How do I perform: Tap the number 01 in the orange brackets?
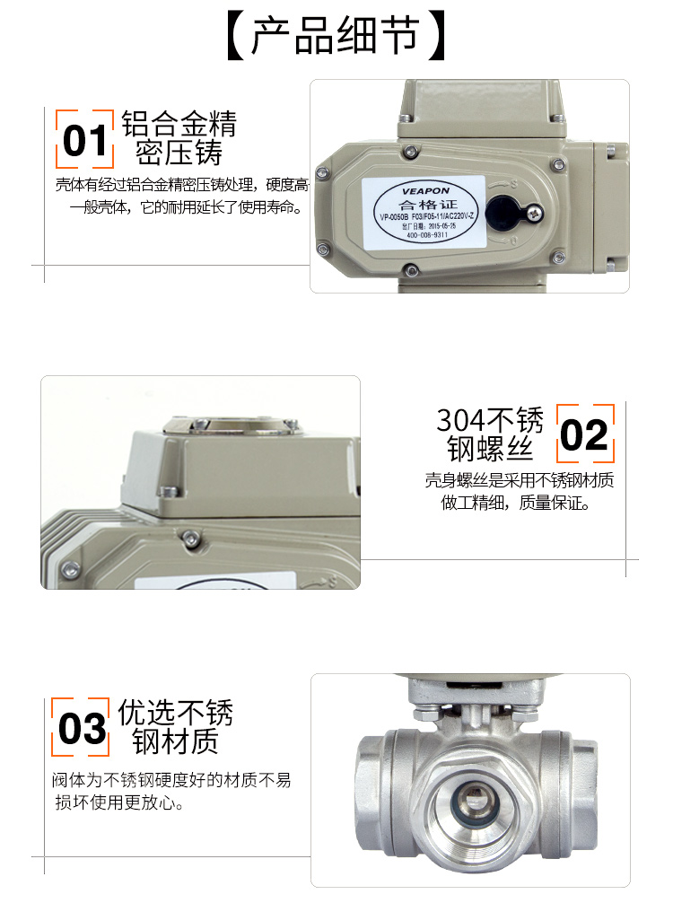[x=85, y=140]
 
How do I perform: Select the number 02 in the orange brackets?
[x=584, y=435]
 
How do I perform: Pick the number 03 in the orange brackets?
[x=83, y=728]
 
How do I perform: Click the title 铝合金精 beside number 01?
[x=179, y=124]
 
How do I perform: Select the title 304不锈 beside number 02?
[x=490, y=420]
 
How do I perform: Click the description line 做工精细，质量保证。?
[x=515, y=503]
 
